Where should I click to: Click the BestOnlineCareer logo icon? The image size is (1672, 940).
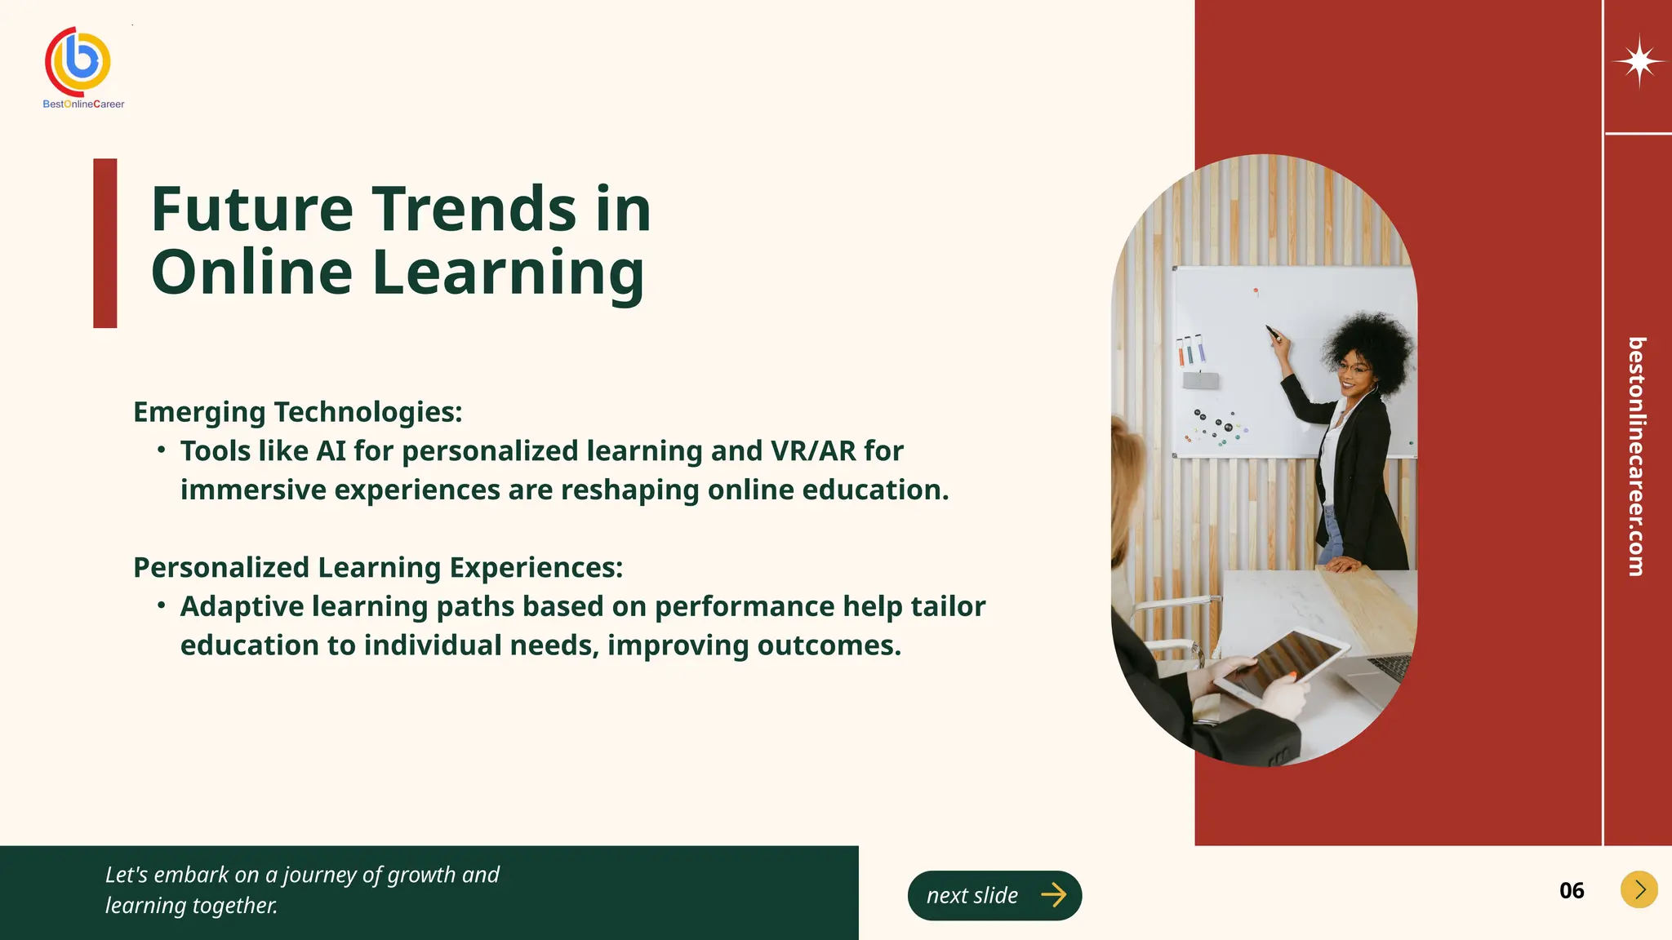(x=78, y=62)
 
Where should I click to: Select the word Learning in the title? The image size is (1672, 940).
(x=507, y=272)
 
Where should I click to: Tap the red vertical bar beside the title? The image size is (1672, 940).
(x=105, y=243)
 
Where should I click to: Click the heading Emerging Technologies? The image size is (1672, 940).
(x=297, y=412)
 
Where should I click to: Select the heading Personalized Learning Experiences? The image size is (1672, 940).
(x=378, y=567)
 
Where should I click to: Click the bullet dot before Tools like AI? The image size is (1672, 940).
(x=162, y=450)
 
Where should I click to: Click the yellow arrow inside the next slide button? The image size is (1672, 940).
(x=1053, y=895)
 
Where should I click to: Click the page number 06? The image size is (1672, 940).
(x=1571, y=890)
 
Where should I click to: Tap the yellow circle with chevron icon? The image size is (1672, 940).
(x=1639, y=889)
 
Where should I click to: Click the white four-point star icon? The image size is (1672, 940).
(x=1639, y=61)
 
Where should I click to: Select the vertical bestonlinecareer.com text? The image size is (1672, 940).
(x=1636, y=456)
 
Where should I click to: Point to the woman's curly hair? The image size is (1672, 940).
(x=1372, y=343)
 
